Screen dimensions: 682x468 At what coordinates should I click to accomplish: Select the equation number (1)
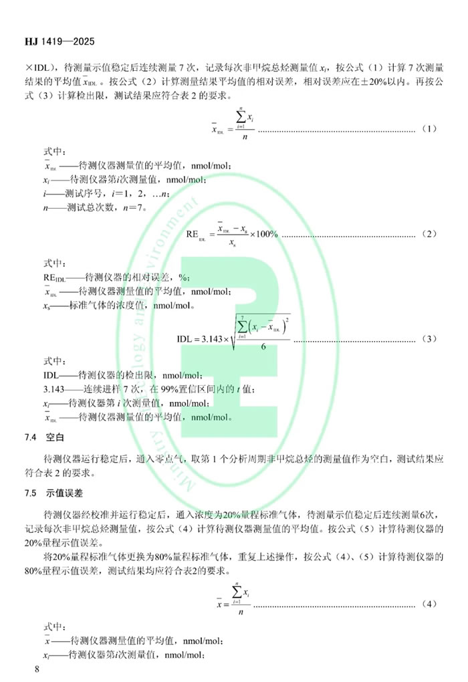(x=430, y=128)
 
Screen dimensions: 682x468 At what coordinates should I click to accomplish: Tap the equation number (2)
(x=430, y=234)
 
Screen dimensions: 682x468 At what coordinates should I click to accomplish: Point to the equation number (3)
(x=430, y=339)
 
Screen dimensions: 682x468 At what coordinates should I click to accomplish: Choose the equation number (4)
(x=430, y=603)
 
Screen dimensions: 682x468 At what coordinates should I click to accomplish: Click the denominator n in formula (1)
(x=245, y=136)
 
